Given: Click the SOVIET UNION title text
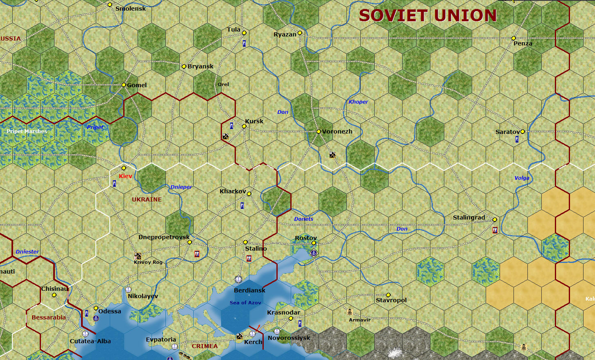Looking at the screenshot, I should [x=428, y=16].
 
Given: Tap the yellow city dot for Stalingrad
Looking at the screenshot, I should [x=495, y=220].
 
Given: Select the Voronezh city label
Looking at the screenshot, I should [x=337, y=131].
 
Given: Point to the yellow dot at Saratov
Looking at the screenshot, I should [x=523, y=131].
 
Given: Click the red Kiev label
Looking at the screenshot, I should [x=125, y=176].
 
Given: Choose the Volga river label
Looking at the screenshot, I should [x=522, y=178].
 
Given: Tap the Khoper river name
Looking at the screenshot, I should [x=358, y=102].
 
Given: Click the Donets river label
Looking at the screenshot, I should [x=303, y=219].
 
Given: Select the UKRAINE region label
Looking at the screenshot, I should [x=147, y=199].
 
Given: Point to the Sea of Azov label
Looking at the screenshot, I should [x=245, y=303].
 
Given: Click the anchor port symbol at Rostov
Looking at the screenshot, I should [x=314, y=253].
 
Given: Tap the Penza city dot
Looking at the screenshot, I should [x=514, y=38].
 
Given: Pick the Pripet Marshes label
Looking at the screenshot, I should [x=27, y=131].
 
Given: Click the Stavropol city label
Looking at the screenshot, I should [x=391, y=300].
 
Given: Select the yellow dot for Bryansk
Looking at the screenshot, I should [x=184, y=66].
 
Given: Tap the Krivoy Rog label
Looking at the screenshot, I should [x=148, y=262].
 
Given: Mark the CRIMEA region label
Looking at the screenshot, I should [x=205, y=346].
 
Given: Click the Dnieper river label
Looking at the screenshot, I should [x=181, y=187].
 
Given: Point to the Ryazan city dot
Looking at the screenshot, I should [x=300, y=33].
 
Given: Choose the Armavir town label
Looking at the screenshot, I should [x=360, y=320].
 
